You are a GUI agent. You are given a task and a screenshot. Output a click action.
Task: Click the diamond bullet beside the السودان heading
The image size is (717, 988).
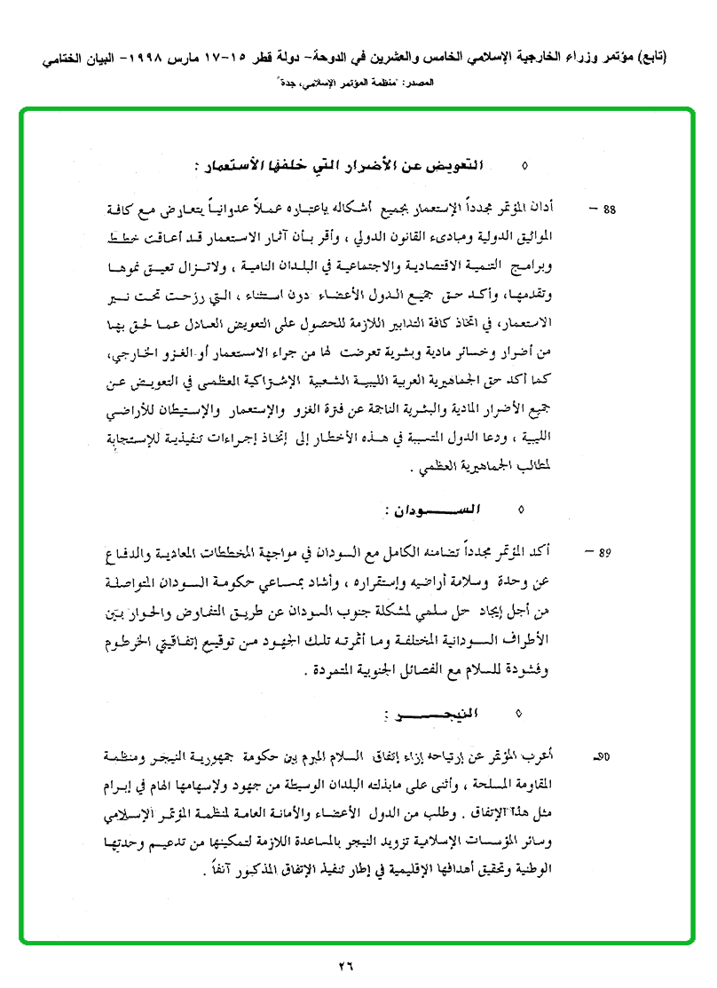point(520,510)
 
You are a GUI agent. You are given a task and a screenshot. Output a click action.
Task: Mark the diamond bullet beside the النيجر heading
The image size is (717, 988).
point(520,712)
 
